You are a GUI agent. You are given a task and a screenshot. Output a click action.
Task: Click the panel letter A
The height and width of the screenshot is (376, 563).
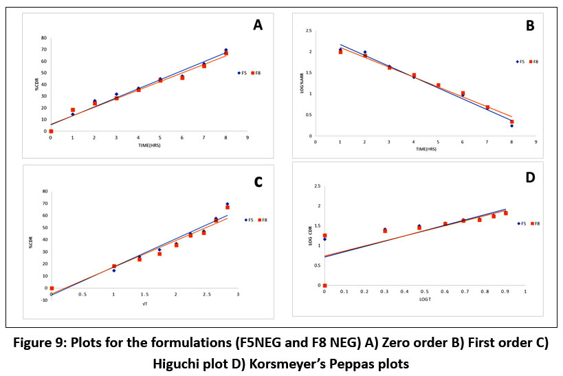pyautogui.click(x=258, y=26)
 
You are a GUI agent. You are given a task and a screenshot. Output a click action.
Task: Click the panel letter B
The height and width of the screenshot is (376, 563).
pyautogui.click(x=530, y=26)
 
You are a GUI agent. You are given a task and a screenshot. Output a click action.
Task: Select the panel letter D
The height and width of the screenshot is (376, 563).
pyautogui.click(x=530, y=178)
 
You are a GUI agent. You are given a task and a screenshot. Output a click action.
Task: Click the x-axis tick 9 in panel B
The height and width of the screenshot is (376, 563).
pyautogui.click(x=534, y=142)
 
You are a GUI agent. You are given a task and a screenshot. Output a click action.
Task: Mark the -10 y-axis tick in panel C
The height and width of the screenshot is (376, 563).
pyautogui.click(x=44, y=300)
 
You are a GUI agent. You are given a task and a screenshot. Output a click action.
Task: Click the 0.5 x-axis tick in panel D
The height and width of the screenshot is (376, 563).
pyautogui.click(x=424, y=291)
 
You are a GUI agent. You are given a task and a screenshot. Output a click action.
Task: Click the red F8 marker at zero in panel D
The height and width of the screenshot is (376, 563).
pyautogui.click(x=324, y=285)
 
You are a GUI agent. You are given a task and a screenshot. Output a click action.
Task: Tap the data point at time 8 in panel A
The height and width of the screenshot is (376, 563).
pyautogui.click(x=226, y=52)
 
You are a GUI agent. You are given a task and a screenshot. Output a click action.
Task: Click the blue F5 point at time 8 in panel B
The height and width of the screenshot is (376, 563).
pyautogui.click(x=511, y=126)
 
